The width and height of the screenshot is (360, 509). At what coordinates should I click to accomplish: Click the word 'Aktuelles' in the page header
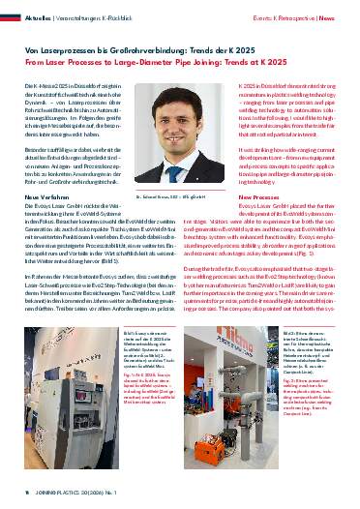click(38, 17)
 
